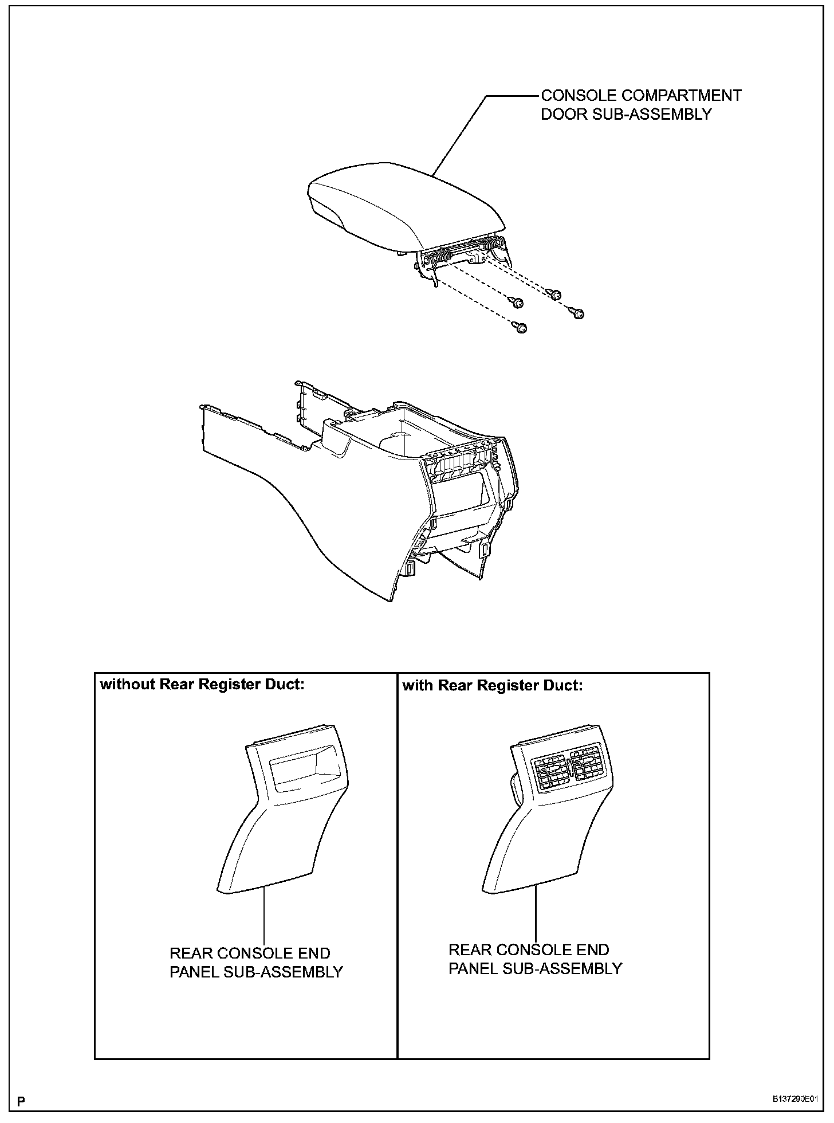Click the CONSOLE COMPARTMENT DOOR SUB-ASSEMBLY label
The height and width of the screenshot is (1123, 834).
(640, 104)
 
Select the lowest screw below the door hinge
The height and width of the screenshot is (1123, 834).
(521, 327)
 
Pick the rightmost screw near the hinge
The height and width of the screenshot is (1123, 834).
(577, 313)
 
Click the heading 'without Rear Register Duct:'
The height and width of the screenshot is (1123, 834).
(202, 685)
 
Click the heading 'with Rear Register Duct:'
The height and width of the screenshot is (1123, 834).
(492, 685)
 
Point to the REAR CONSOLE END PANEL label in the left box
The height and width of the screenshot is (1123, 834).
(255, 962)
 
